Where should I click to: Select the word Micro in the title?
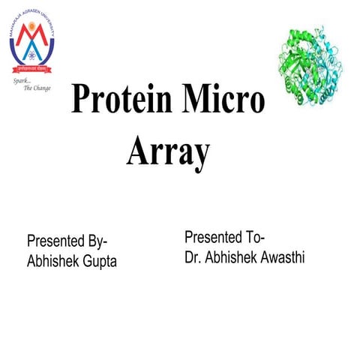tap(227, 100)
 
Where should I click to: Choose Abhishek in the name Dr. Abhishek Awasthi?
tap(226, 257)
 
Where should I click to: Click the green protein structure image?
tap(313, 63)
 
